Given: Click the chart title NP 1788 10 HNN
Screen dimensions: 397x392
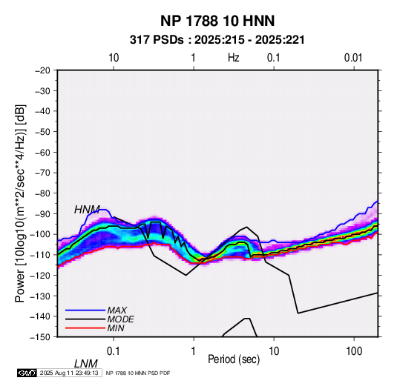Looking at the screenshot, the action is (217, 21).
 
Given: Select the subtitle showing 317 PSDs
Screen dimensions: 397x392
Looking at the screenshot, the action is (217, 40).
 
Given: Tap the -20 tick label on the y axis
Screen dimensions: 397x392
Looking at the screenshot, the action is (42, 70).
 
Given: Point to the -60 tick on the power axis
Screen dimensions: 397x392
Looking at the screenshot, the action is (42, 152).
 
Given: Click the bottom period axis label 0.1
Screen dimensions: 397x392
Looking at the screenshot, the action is (114, 351).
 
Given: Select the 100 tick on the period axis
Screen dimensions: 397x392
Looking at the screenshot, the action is (354, 351).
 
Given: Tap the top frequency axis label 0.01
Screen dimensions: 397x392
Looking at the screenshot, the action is (353, 58).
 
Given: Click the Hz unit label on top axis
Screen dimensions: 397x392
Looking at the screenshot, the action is (234, 58).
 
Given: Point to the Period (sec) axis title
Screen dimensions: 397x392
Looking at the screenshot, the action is (234, 359).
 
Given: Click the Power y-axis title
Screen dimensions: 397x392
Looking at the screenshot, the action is (20, 203).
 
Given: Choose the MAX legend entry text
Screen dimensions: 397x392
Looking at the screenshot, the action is (117, 310).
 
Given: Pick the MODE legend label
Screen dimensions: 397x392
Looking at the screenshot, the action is (120, 319).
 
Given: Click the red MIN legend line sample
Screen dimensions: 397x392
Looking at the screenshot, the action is (85, 328).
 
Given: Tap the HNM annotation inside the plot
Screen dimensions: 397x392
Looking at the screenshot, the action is (87, 210).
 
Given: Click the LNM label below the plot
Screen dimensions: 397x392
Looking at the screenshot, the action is (86, 364).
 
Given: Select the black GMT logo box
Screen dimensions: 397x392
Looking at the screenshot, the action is (27, 373).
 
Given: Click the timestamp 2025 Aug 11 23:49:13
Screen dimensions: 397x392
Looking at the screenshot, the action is (69, 373).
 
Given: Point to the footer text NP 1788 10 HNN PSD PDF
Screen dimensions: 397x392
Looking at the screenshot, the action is (138, 373).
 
